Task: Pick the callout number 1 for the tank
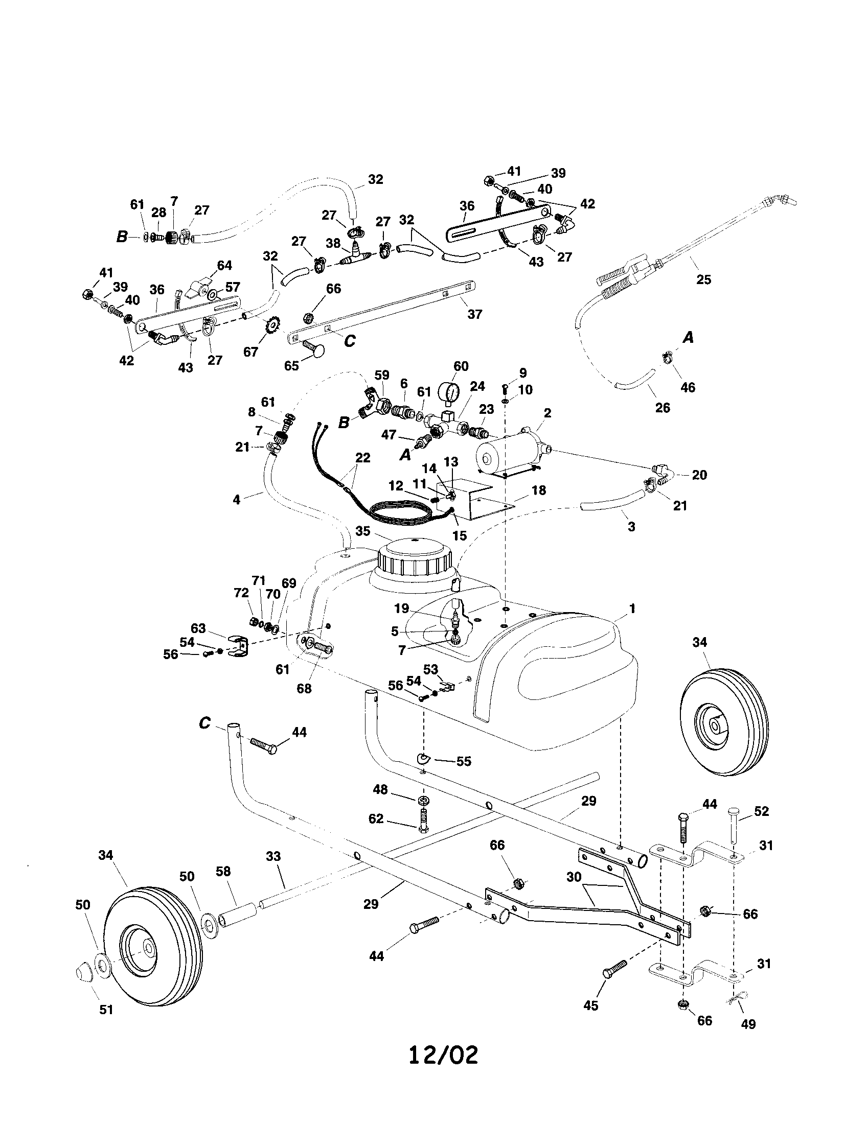pos(632,609)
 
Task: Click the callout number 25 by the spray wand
pos(703,279)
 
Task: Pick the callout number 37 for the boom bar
pos(474,313)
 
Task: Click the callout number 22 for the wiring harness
pos(363,458)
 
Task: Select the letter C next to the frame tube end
pos(204,723)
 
